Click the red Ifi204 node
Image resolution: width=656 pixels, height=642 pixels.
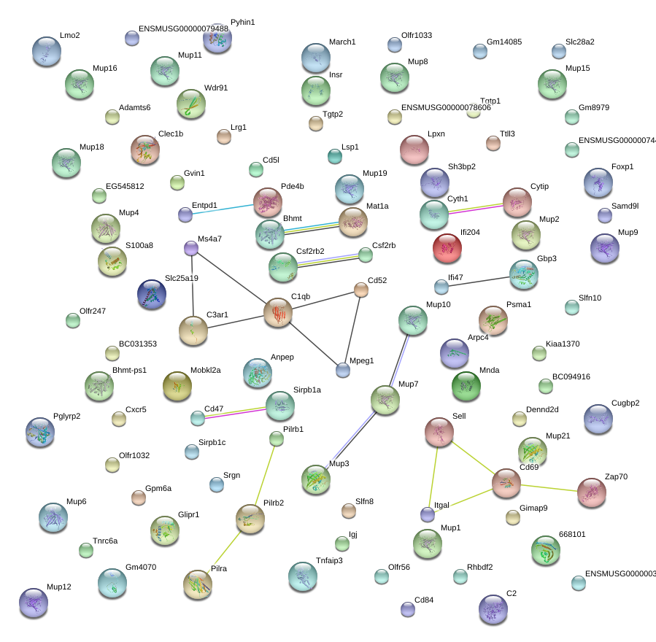click(x=447, y=248)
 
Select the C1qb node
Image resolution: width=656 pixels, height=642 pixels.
click(x=277, y=312)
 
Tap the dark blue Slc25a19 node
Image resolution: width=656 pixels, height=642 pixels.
click(x=152, y=294)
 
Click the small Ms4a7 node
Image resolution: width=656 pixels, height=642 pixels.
click(x=191, y=249)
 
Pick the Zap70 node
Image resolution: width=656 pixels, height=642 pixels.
click(x=591, y=493)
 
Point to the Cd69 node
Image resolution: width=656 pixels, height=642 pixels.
click(x=506, y=483)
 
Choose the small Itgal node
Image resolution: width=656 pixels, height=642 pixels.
click(x=428, y=514)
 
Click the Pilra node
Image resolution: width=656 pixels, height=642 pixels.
click(x=197, y=584)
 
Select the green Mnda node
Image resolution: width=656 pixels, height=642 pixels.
click(x=466, y=386)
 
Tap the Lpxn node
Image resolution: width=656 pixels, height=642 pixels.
click(x=414, y=150)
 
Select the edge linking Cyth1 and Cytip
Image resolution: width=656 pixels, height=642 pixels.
click(x=476, y=207)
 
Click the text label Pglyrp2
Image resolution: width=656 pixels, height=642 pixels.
click(x=66, y=417)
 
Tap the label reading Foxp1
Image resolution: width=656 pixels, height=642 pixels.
click(x=622, y=166)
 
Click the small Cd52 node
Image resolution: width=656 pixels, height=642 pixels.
click(x=361, y=290)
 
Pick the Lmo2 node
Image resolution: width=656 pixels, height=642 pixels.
click(x=47, y=52)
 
